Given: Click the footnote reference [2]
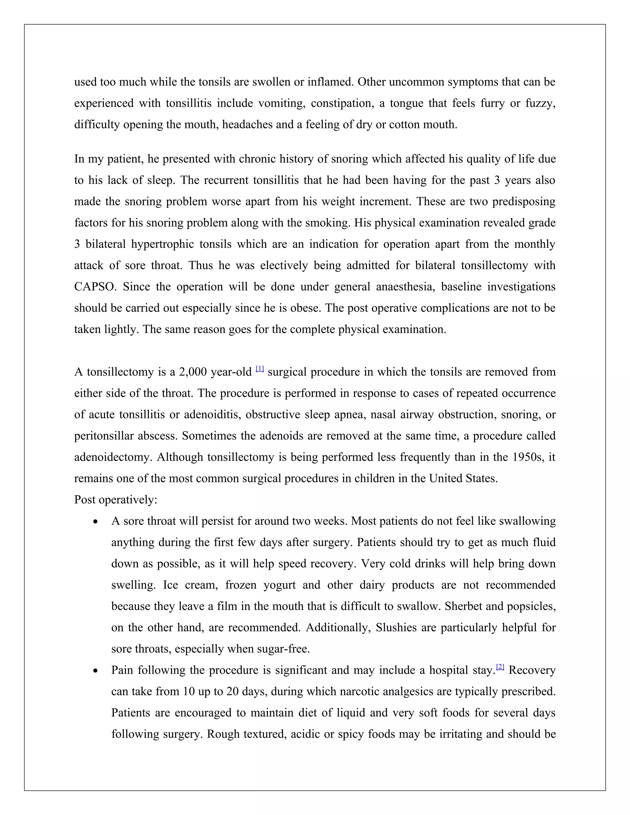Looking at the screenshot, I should coord(500,667).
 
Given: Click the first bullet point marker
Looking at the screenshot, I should coord(96,522).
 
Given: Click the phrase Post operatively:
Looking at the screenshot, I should coord(116,500).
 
